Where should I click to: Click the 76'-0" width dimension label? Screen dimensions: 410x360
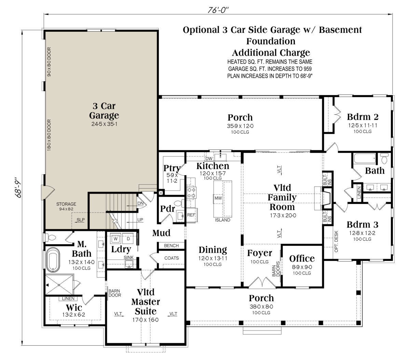coord(218,10)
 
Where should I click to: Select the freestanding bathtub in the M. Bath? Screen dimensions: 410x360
coord(53,260)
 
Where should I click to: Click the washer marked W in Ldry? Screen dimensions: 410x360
coord(115,239)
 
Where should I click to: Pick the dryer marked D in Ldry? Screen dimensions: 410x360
coord(128,239)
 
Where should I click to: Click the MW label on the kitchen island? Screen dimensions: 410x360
coord(218,198)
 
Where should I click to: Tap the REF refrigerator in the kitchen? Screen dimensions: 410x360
coord(191,215)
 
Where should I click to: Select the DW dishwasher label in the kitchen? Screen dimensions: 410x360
coord(209,158)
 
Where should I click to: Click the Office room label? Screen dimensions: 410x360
coord(302,259)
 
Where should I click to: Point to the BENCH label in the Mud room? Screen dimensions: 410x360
coord(171,246)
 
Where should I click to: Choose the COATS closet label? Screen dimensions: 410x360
coord(172,258)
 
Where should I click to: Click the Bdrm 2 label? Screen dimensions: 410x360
coord(363,116)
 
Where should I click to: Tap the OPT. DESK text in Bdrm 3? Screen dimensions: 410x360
coord(336,241)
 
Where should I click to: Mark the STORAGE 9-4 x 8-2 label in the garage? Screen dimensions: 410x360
coord(66,206)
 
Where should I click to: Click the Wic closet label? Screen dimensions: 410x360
coord(74,308)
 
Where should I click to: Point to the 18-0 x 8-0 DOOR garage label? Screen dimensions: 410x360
coord(49,135)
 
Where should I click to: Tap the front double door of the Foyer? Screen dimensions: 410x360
coord(262,282)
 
